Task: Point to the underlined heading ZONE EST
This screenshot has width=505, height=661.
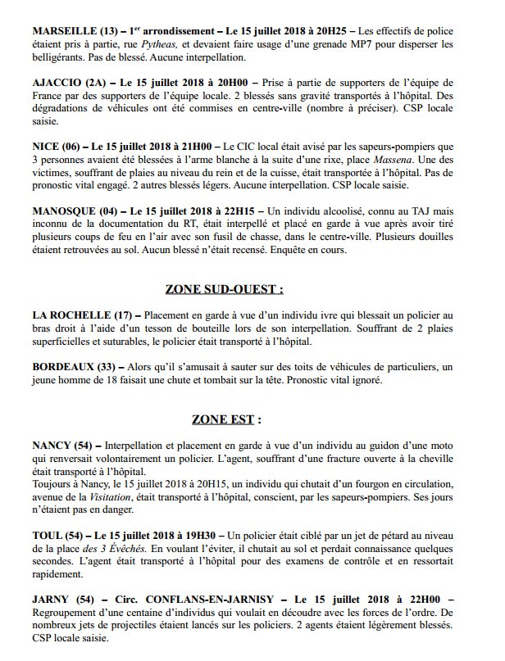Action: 226,419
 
